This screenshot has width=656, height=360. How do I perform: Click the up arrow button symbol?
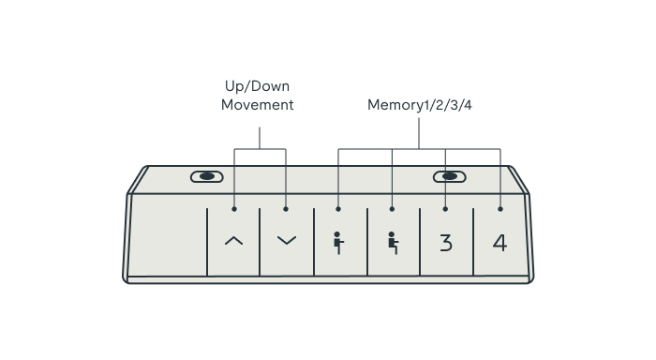pos(234,240)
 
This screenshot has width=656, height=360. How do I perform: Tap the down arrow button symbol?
pos(287,240)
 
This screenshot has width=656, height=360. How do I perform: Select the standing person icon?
pos(338,243)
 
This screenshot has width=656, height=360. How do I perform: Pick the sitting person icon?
pos(393,243)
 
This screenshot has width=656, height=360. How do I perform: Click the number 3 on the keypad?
pos(446,243)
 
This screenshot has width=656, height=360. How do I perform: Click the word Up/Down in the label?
pos(257,86)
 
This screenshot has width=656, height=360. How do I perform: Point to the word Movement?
pos(258,105)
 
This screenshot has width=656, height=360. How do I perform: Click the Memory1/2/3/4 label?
pos(420,105)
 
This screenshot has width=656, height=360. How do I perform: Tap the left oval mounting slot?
pos(207,176)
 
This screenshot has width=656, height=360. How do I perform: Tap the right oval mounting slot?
pos(449,176)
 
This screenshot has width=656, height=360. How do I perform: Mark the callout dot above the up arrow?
pos(234,209)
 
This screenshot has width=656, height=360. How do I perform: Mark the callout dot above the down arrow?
pos(286,209)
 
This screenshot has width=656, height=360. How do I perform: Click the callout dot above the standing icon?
pos(338,209)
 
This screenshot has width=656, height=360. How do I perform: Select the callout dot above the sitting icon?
pos(392,209)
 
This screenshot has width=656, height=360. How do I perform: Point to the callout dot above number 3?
pos(445,209)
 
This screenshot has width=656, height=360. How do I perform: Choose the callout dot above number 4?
pos(500,209)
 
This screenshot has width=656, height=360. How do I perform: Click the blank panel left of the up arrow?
pos(168,235)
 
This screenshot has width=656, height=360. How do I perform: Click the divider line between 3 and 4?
pos(473,242)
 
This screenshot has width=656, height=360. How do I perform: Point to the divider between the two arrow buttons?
pos(260,242)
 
